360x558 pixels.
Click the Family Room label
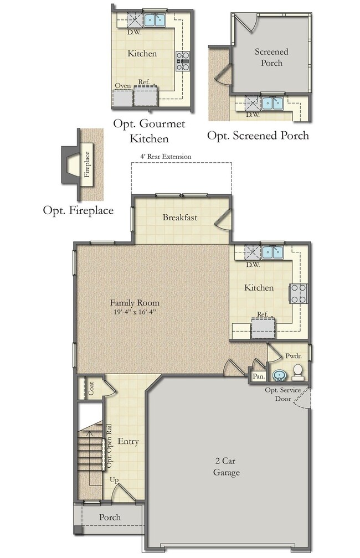tap(135, 303)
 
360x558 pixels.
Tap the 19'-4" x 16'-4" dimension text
tap(135, 312)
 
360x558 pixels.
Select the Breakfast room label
tap(180, 218)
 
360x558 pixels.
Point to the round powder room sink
tap(279, 375)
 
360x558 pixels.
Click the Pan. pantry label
tap(259, 376)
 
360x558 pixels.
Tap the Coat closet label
tap(91, 388)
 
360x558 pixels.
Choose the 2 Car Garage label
tap(227, 467)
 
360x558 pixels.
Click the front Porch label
tap(110, 517)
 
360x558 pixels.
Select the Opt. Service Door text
tap(282, 394)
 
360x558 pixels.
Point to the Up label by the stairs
tap(114, 480)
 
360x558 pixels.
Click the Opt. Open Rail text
tap(109, 446)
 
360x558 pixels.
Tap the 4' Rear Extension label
tap(166, 157)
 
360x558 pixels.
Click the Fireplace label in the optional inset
tap(87, 164)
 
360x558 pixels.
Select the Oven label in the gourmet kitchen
tap(123, 86)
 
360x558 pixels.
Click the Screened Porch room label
tap(271, 58)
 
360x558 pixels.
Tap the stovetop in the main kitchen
tap(299, 293)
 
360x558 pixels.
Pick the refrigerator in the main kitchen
tap(263, 327)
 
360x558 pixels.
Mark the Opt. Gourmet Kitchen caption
tap(149, 131)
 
